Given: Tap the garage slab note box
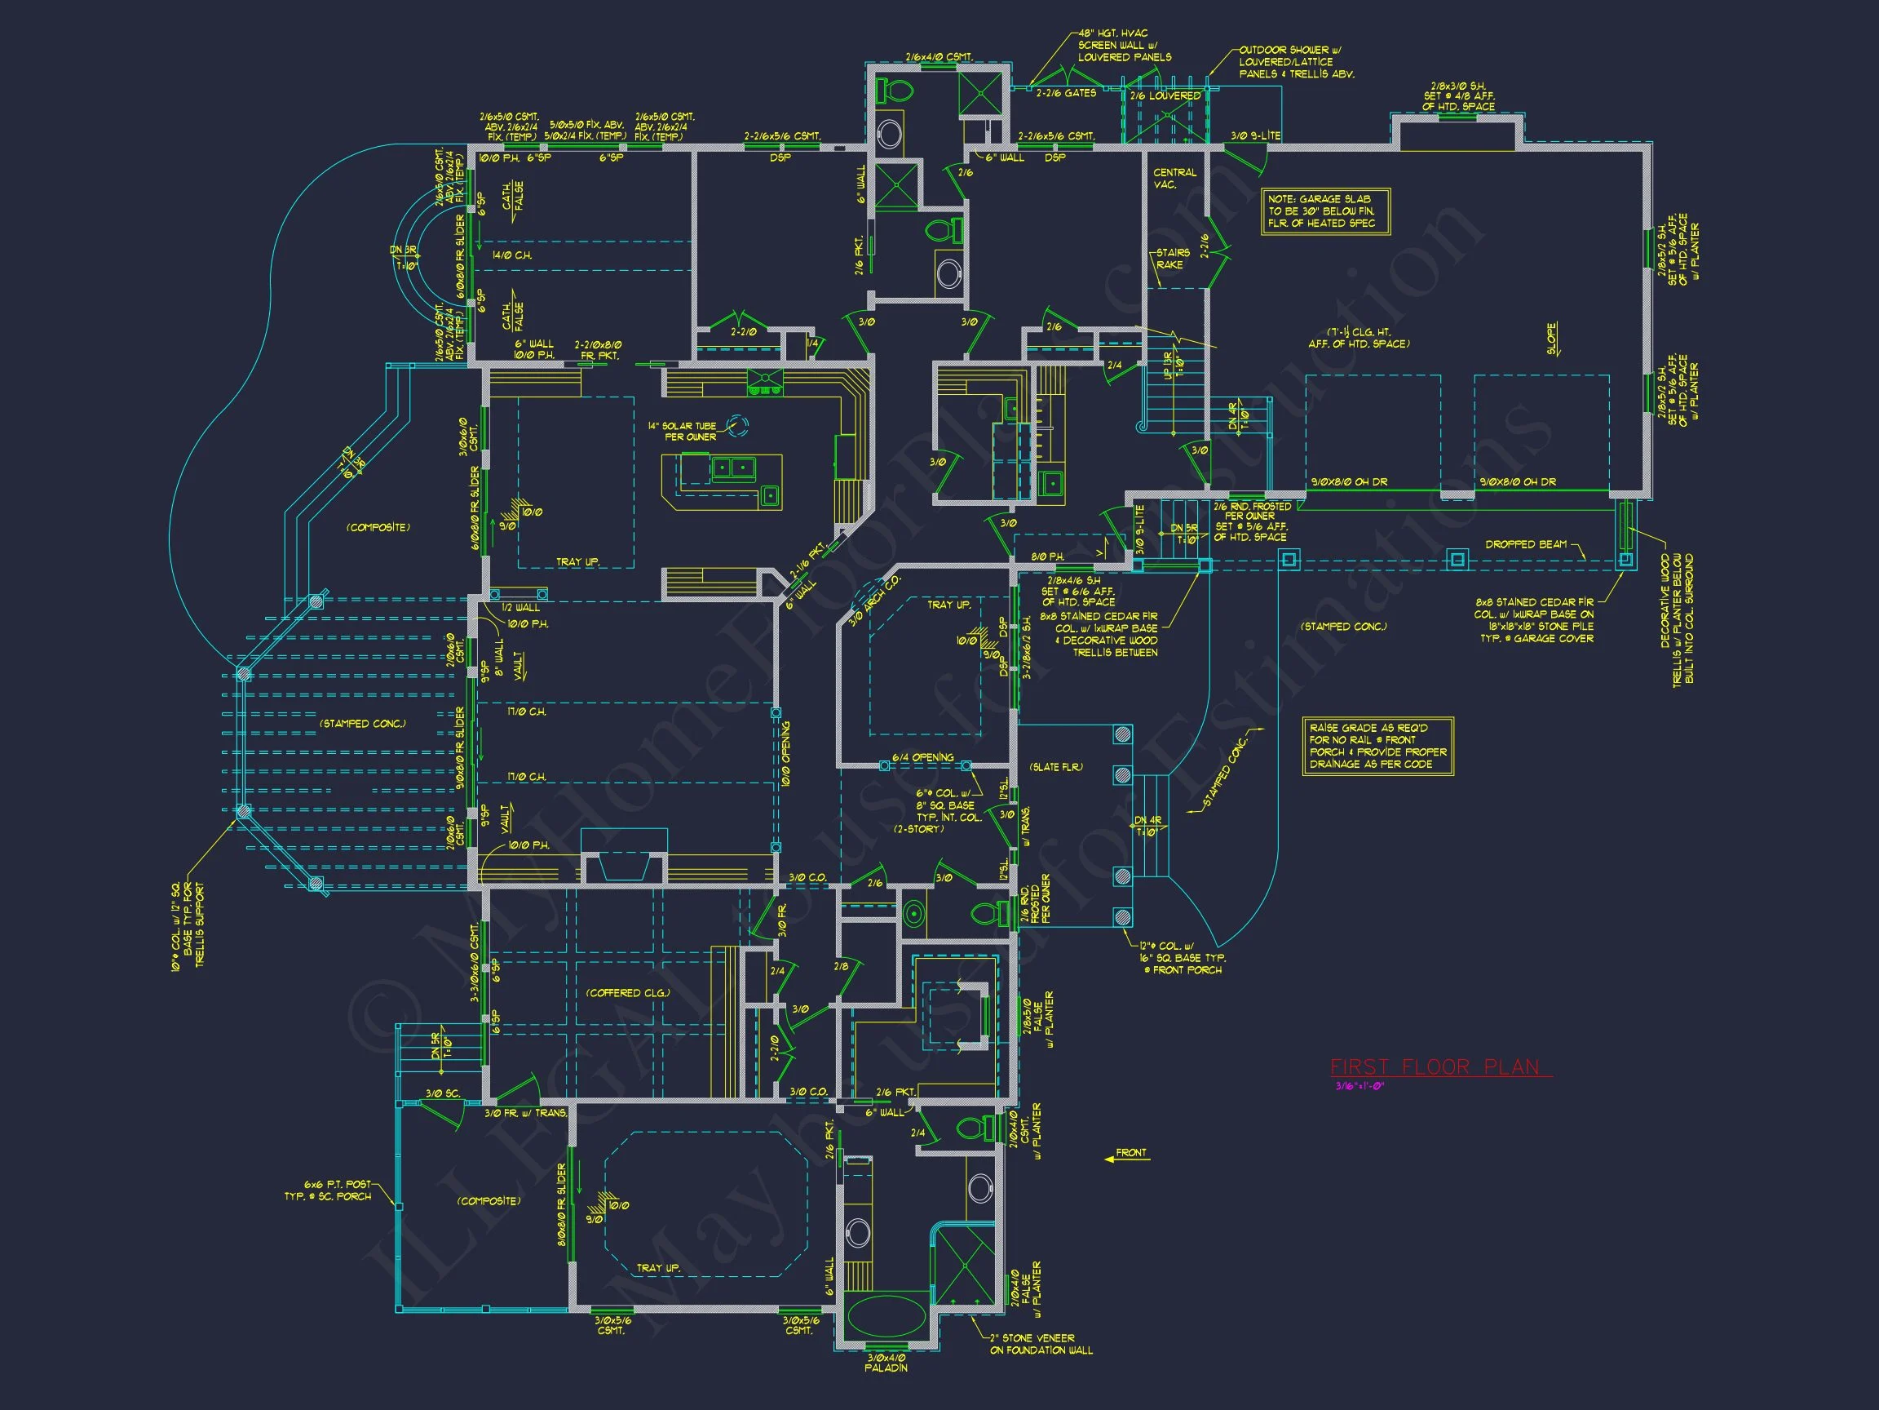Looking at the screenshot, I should click(1325, 211).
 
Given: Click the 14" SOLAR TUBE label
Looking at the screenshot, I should click(682, 431).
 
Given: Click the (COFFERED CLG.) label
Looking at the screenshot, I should click(628, 993).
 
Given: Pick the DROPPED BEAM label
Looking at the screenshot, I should click(1526, 544).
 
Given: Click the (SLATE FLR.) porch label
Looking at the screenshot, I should click(1056, 768).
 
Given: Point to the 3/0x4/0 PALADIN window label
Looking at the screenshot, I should click(886, 1363).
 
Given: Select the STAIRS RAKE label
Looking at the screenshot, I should click(1171, 259).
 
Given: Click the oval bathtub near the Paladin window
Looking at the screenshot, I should click(886, 1317).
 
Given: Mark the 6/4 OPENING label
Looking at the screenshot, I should click(922, 757).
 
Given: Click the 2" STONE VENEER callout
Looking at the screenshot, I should click(1041, 1344).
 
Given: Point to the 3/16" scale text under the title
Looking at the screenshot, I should click(1360, 1086).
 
